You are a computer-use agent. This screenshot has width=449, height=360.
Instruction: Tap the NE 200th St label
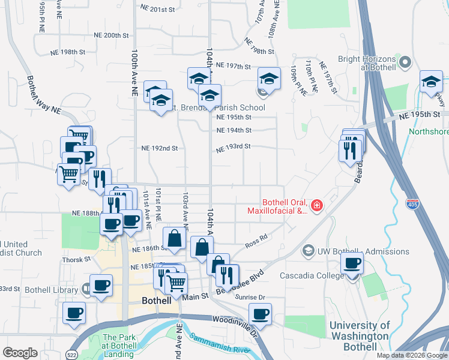[x=112, y=35]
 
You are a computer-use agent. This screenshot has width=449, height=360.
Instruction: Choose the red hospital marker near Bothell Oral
[x=316, y=207]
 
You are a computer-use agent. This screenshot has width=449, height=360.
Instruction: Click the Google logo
[x=20, y=353]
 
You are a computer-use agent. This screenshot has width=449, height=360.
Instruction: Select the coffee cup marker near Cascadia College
[x=352, y=263]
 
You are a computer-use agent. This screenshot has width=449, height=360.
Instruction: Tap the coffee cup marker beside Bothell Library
[x=101, y=284]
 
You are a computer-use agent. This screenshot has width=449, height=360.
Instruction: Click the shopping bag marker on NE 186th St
[x=174, y=238]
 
